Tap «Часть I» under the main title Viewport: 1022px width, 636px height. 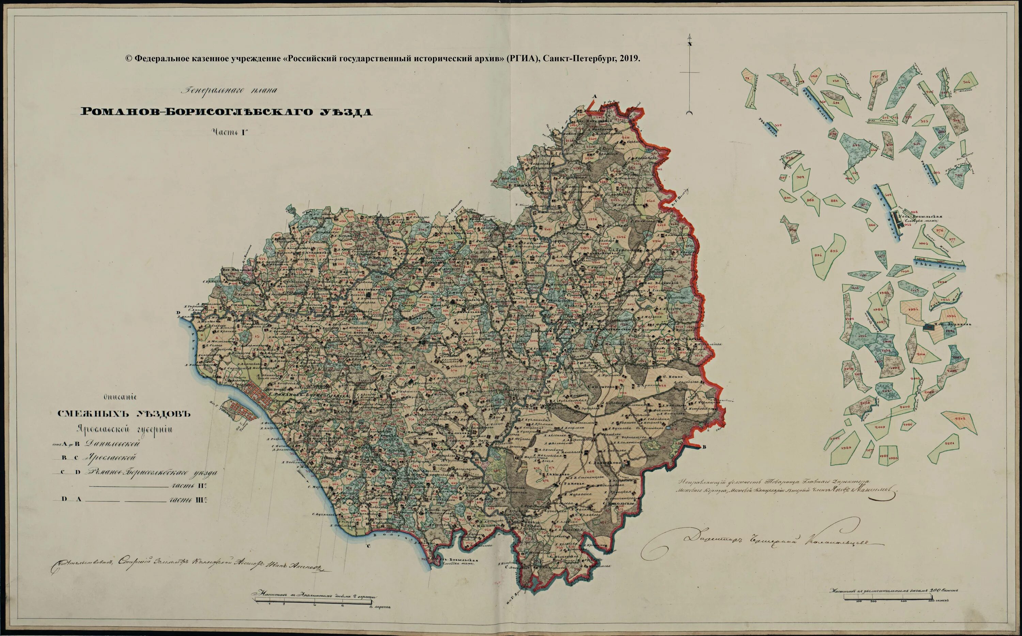[229, 132]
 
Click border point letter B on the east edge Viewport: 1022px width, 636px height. [705, 447]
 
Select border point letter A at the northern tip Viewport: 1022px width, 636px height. [594, 97]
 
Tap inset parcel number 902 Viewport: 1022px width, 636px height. [800, 177]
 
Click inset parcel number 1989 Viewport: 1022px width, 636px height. [846, 448]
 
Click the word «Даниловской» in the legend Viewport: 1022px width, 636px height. [112, 443]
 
